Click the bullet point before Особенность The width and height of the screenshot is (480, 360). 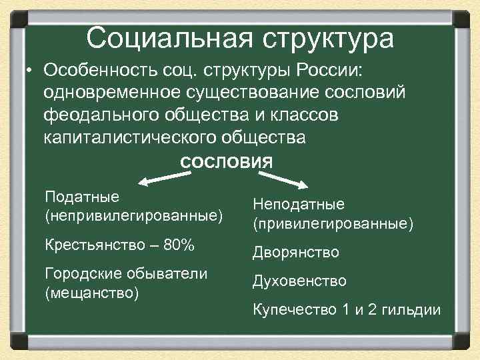click(x=30, y=70)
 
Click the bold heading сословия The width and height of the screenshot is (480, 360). click(x=227, y=162)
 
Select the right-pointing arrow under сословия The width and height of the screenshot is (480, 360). click(x=283, y=179)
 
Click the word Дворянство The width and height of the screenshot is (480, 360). click(x=295, y=253)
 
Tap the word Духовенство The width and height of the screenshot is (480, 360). click(x=299, y=281)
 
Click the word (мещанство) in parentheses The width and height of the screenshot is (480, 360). click(x=91, y=293)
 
